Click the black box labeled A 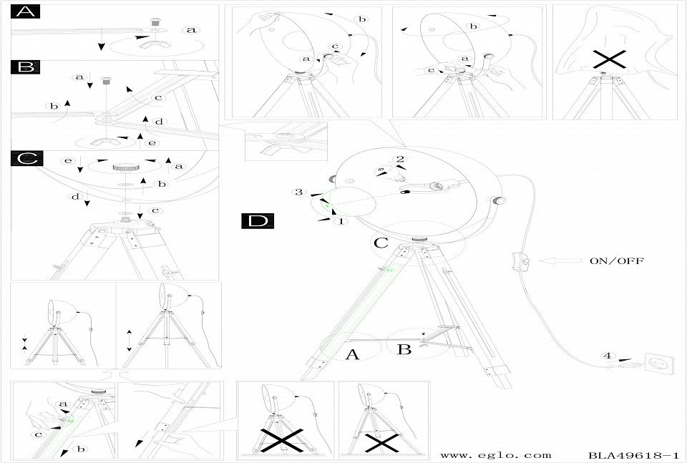[26, 12]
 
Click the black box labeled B [26, 67]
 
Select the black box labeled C [26, 159]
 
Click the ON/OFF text [616, 261]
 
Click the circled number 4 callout [607, 356]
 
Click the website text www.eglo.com [496, 455]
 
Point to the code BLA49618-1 [633, 455]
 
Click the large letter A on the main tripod [351, 354]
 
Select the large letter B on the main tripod [403, 350]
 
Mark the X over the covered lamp [607, 61]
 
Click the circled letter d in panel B [159, 122]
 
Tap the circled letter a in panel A [190, 30]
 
